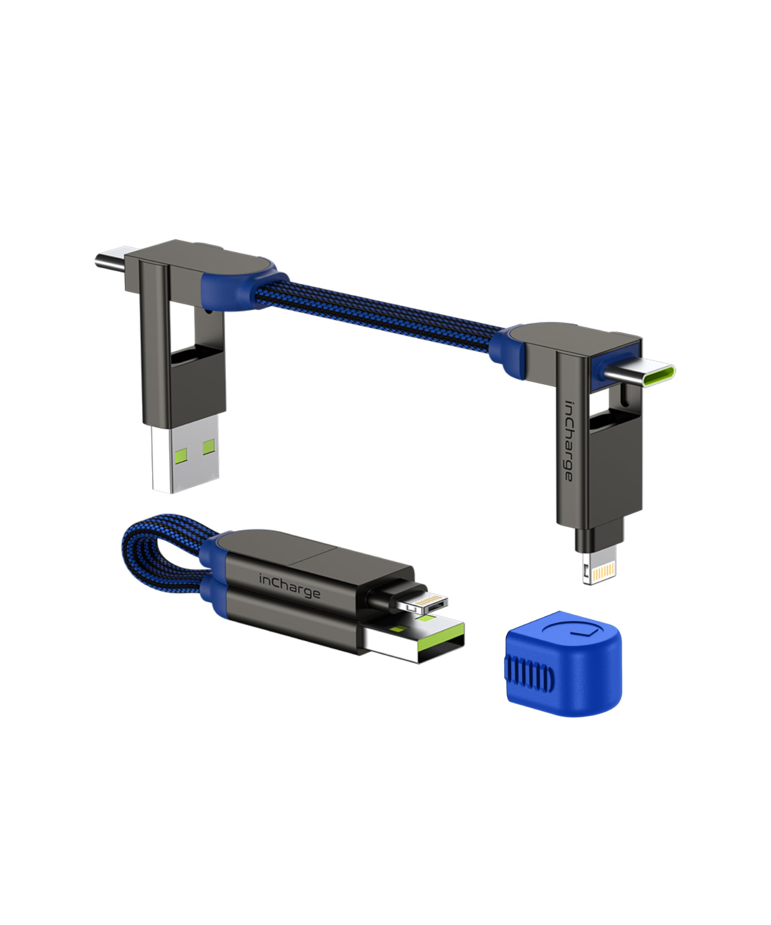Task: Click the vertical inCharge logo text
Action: click(x=569, y=440)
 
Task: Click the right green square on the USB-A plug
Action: click(x=209, y=447)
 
